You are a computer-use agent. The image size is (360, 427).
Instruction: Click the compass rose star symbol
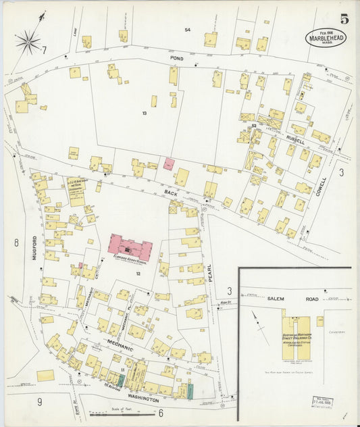[x=28, y=42]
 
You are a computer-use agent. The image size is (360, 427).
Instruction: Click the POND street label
[x=177, y=59]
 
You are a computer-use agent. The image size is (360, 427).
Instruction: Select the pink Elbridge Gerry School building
[x=130, y=247]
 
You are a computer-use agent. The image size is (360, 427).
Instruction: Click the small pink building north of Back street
[x=169, y=164]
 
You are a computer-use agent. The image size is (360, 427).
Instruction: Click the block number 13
[x=144, y=113]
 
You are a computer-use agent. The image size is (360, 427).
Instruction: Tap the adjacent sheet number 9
[x=40, y=402]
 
